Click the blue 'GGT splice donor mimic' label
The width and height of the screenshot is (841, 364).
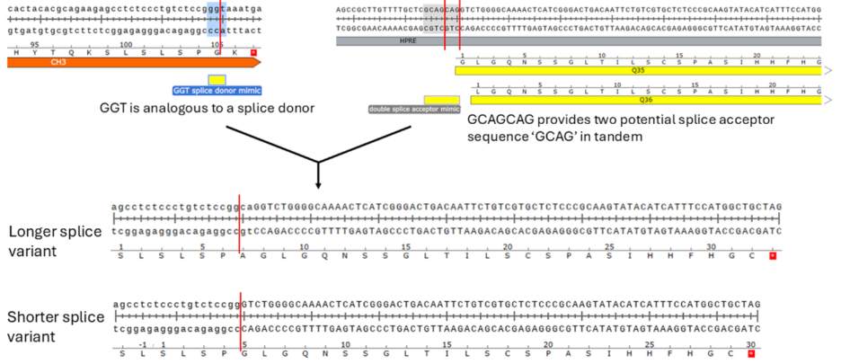coord(217,91)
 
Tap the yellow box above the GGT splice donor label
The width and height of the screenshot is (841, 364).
coord(217,81)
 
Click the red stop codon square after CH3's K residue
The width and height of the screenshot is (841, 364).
coord(254,53)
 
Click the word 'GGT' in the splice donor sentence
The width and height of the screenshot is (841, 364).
coord(117,109)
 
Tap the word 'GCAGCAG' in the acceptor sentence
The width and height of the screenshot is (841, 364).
coord(501,120)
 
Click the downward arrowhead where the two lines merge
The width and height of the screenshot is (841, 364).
coord(319,183)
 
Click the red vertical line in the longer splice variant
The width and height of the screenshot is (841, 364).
coord(239,220)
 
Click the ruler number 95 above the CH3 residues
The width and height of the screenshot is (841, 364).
coord(34,42)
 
